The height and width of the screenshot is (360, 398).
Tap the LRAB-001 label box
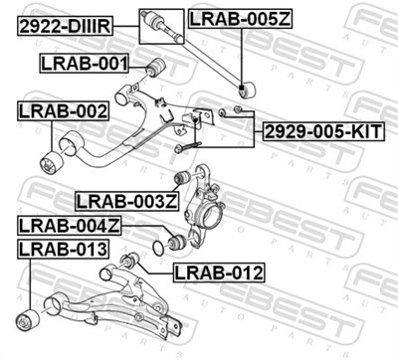(x=84, y=65)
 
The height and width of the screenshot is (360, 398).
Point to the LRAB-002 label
(x=61, y=112)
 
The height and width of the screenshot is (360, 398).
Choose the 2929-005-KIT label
(x=321, y=131)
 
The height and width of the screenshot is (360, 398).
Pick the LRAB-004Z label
(x=68, y=226)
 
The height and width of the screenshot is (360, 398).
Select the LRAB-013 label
(x=60, y=248)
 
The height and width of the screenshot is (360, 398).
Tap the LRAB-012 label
(x=218, y=271)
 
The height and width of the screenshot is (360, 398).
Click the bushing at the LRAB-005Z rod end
(x=246, y=89)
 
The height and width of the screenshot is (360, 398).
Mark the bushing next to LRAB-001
(x=153, y=68)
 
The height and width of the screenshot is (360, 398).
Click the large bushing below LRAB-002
(x=51, y=160)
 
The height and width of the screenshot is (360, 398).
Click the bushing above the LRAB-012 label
(x=128, y=261)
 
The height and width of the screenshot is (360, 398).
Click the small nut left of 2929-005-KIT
(x=239, y=108)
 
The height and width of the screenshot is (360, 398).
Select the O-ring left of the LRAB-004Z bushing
(x=157, y=246)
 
